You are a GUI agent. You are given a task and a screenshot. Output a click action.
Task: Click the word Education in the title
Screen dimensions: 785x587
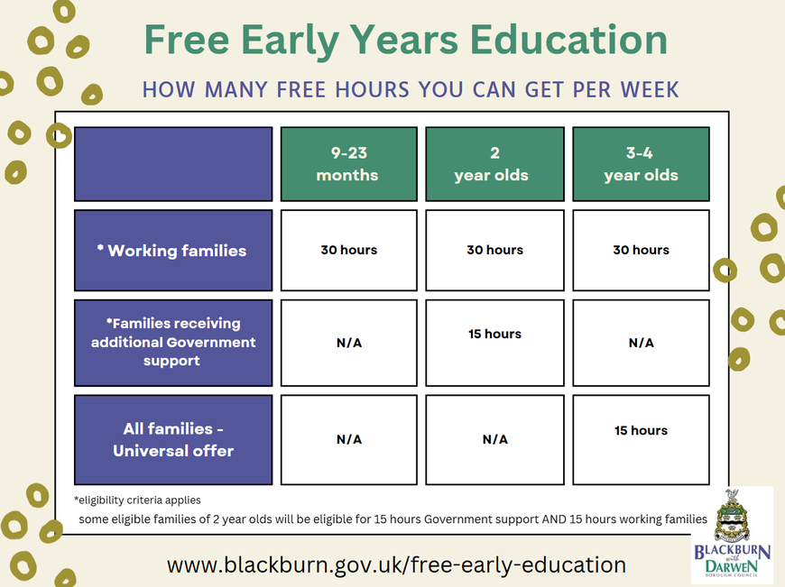tap(568, 40)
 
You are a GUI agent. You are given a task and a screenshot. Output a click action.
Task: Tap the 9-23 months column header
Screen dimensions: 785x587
tap(348, 164)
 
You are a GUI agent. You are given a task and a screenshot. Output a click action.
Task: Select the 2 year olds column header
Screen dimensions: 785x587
tap(494, 164)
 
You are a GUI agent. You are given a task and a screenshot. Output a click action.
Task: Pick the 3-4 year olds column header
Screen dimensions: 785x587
tap(641, 164)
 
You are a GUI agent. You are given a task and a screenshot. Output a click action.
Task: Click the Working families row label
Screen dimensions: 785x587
tap(173, 250)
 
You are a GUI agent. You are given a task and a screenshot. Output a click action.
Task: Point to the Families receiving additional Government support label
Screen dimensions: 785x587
tap(173, 343)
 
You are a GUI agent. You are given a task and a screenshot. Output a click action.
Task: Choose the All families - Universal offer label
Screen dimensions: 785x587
tap(173, 440)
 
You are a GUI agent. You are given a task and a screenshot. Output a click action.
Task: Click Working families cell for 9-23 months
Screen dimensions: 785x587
tap(348, 250)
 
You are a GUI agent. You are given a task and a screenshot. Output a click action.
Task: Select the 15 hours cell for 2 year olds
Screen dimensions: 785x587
tap(494, 343)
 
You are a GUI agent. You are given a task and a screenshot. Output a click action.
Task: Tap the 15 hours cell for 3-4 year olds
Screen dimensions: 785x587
tap(641, 440)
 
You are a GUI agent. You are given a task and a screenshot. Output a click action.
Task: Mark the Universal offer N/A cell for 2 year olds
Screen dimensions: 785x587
tap(494, 440)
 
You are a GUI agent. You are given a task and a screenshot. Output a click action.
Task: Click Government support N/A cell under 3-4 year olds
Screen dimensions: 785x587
tap(641, 343)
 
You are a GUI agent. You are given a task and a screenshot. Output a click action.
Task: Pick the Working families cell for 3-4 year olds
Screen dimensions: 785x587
tap(641, 250)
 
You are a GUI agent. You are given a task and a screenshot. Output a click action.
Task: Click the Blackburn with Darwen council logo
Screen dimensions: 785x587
tap(732, 535)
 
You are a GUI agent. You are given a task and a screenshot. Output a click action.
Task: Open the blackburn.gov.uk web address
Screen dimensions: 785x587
tap(396, 565)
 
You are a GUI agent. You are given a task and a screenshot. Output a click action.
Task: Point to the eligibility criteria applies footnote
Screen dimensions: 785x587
tap(137, 500)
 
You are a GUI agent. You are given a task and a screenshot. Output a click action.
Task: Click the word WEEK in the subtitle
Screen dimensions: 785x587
tap(650, 89)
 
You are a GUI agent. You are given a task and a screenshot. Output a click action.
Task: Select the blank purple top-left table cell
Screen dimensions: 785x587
tap(173, 164)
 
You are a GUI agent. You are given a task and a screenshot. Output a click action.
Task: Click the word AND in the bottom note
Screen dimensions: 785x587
tap(554, 519)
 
